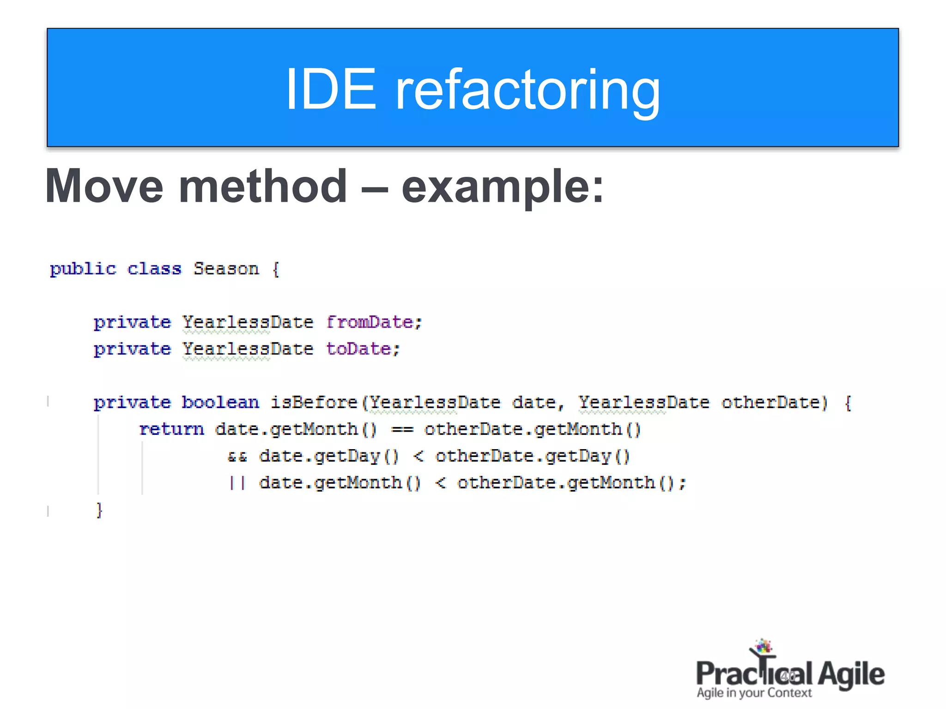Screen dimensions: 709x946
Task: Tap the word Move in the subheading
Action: [104, 186]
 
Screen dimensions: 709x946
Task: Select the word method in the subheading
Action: [262, 186]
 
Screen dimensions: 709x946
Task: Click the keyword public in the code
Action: [83, 269]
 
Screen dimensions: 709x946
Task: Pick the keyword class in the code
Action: [154, 269]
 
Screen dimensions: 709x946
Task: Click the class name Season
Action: [226, 269]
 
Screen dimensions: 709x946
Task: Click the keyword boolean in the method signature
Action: [220, 402]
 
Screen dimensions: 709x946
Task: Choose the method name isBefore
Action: [314, 402]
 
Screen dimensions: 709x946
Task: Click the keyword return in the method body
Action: [171, 429]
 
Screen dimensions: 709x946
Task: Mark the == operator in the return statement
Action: [402, 430]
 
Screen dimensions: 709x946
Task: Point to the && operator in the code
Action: [237, 457]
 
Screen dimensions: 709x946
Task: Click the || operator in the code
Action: [237, 483]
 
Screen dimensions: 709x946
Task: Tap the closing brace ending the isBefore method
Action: [99, 510]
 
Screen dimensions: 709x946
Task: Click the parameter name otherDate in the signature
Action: [774, 402]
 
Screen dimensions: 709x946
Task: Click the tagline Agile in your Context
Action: [754, 693]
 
